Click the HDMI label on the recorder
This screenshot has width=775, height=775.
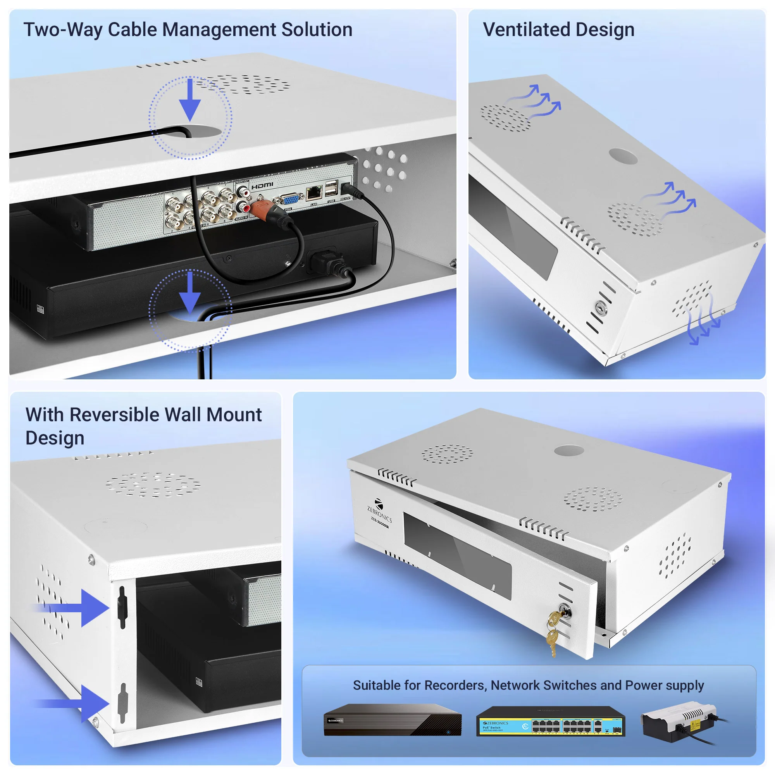(x=262, y=186)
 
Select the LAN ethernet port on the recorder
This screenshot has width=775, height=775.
(x=314, y=193)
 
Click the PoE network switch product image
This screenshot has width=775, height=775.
(x=550, y=721)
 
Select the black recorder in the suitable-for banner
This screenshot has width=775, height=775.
(x=392, y=720)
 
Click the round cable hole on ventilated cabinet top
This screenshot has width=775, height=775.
(x=623, y=156)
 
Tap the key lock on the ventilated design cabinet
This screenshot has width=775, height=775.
(x=601, y=308)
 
